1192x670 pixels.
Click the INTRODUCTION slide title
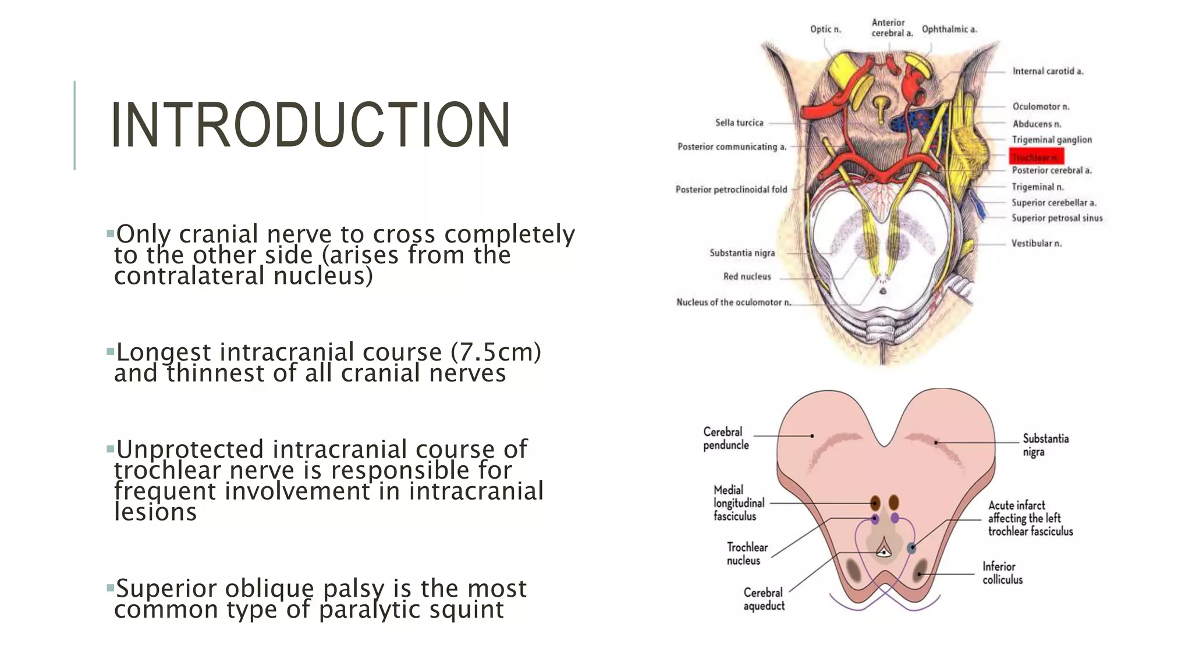[x=310, y=126]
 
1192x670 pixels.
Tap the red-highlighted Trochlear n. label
[x=1036, y=156]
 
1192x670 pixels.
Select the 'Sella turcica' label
[x=739, y=123]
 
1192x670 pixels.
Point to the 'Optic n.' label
[x=825, y=29]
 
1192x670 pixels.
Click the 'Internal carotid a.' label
[x=1048, y=71]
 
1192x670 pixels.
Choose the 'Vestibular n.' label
[x=1036, y=243]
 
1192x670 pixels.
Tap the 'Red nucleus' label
[x=747, y=276]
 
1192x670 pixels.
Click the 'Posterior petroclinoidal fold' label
[x=731, y=190]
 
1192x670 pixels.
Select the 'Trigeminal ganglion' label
[x=1051, y=140]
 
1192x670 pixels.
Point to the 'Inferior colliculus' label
[x=1002, y=573]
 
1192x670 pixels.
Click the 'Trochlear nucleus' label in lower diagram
[x=747, y=554]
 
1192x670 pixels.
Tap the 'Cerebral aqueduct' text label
[x=764, y=599]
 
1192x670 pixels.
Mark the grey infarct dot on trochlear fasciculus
[x=911, y=548]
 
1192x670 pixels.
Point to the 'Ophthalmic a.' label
[x=949, y=29]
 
